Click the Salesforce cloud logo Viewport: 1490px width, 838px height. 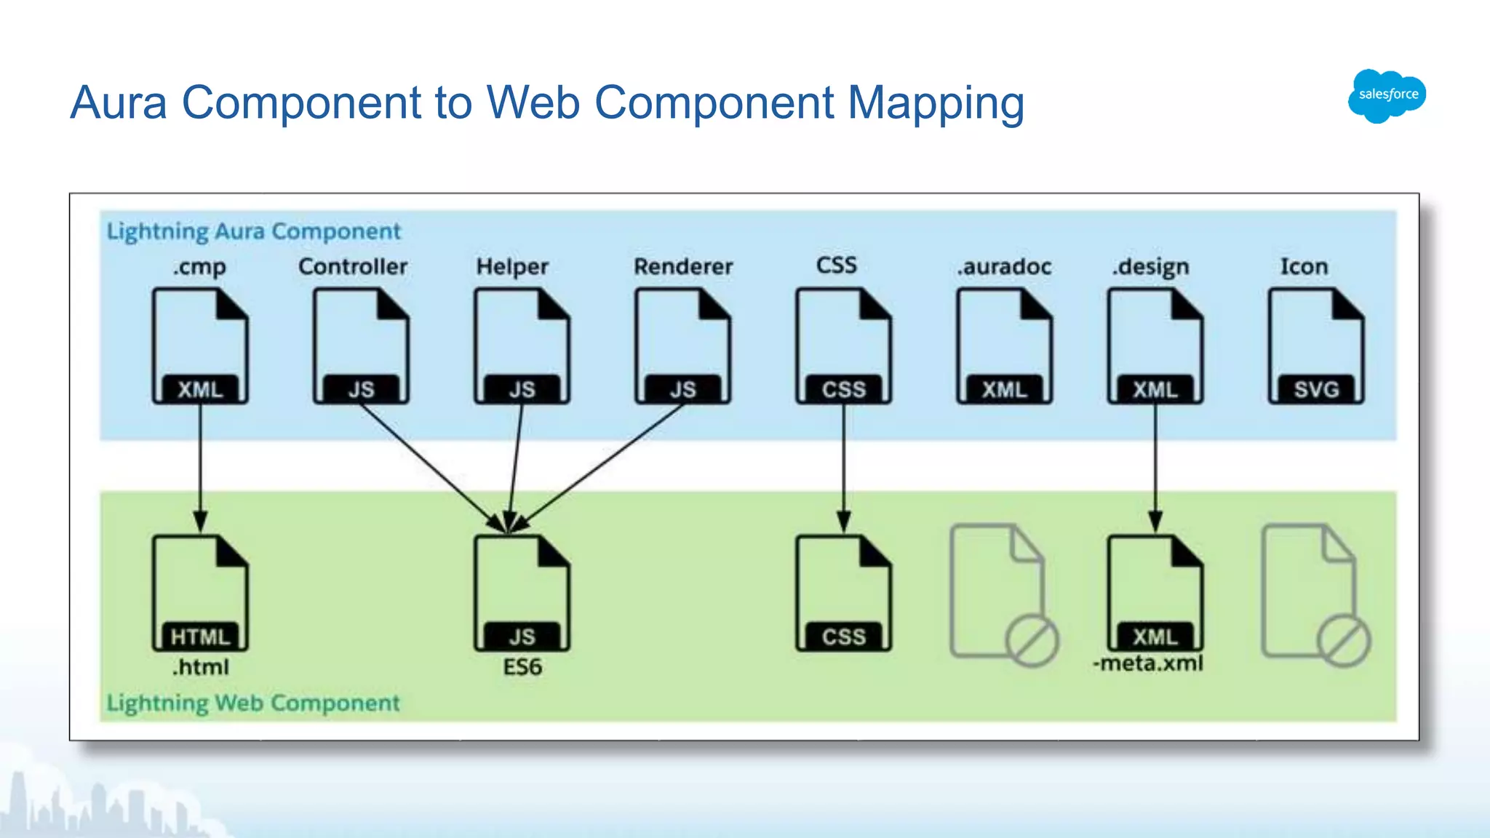pos(1387,95)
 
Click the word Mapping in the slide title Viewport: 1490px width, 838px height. pos(936,103)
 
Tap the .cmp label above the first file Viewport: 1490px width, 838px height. pos(199,267)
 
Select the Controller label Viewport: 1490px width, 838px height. pos(353,266)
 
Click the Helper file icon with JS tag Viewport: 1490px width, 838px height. pos(522,346)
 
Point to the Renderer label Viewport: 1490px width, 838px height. pos(683,266)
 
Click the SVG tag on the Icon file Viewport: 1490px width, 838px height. pos(1316,389)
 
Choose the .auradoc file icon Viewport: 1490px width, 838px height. pos(1004,346)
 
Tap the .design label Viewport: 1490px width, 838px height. pos(1150,267)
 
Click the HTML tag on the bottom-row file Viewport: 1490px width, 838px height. pos(200,637)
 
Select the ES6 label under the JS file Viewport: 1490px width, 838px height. pos(522,667)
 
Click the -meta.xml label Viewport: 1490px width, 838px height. pos(1148,663)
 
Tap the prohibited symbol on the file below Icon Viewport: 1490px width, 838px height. pos(1344,641)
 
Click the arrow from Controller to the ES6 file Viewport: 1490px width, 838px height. pos(429,464)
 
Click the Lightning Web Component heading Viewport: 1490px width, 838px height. pos(253,703)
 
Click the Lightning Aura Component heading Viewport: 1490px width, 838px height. pos(253,231)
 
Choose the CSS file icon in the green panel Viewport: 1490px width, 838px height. pos(843,593)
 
